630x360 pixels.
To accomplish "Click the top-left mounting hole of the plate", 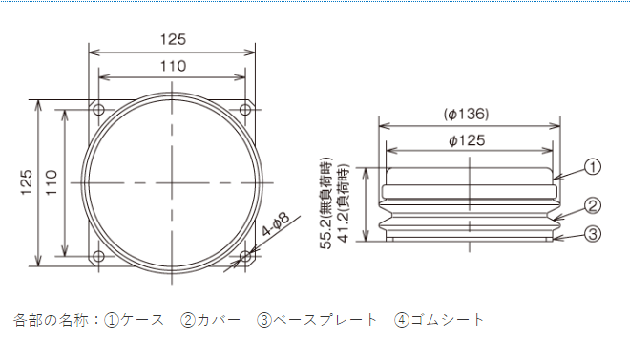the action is (98, 109).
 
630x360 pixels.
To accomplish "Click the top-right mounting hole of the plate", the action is (245, 109).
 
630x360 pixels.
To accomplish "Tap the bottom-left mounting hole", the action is (98, 256).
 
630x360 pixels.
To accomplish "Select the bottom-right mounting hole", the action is (245, 256).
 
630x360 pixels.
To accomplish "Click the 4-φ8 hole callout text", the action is (276, 224).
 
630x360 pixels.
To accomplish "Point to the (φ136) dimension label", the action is (467, 114).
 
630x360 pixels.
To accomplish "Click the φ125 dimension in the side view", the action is (467, 140).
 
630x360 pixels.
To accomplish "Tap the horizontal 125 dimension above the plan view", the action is (173, 39).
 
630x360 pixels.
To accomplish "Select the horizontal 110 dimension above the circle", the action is (173, 66).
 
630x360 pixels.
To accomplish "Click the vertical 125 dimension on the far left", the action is (27, 182).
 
